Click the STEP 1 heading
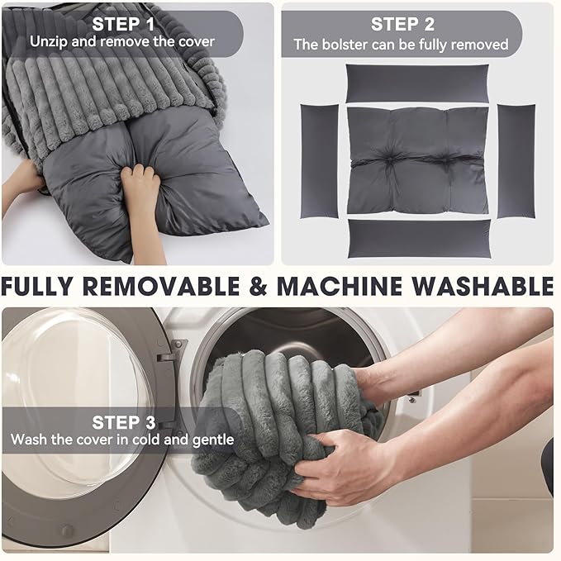click(x=123, y=24)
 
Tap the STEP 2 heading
click(x=402, y=24)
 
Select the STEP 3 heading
click(x=124, y=422)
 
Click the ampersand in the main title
click(x=258, y=286)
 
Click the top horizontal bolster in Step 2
click(x=417, y=83)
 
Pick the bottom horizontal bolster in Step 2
click(x=420, y=239)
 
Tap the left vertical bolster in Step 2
click(x=319, y=161)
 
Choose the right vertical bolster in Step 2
click(x=516, y=161)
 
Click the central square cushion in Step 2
click(x=418, y=160)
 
